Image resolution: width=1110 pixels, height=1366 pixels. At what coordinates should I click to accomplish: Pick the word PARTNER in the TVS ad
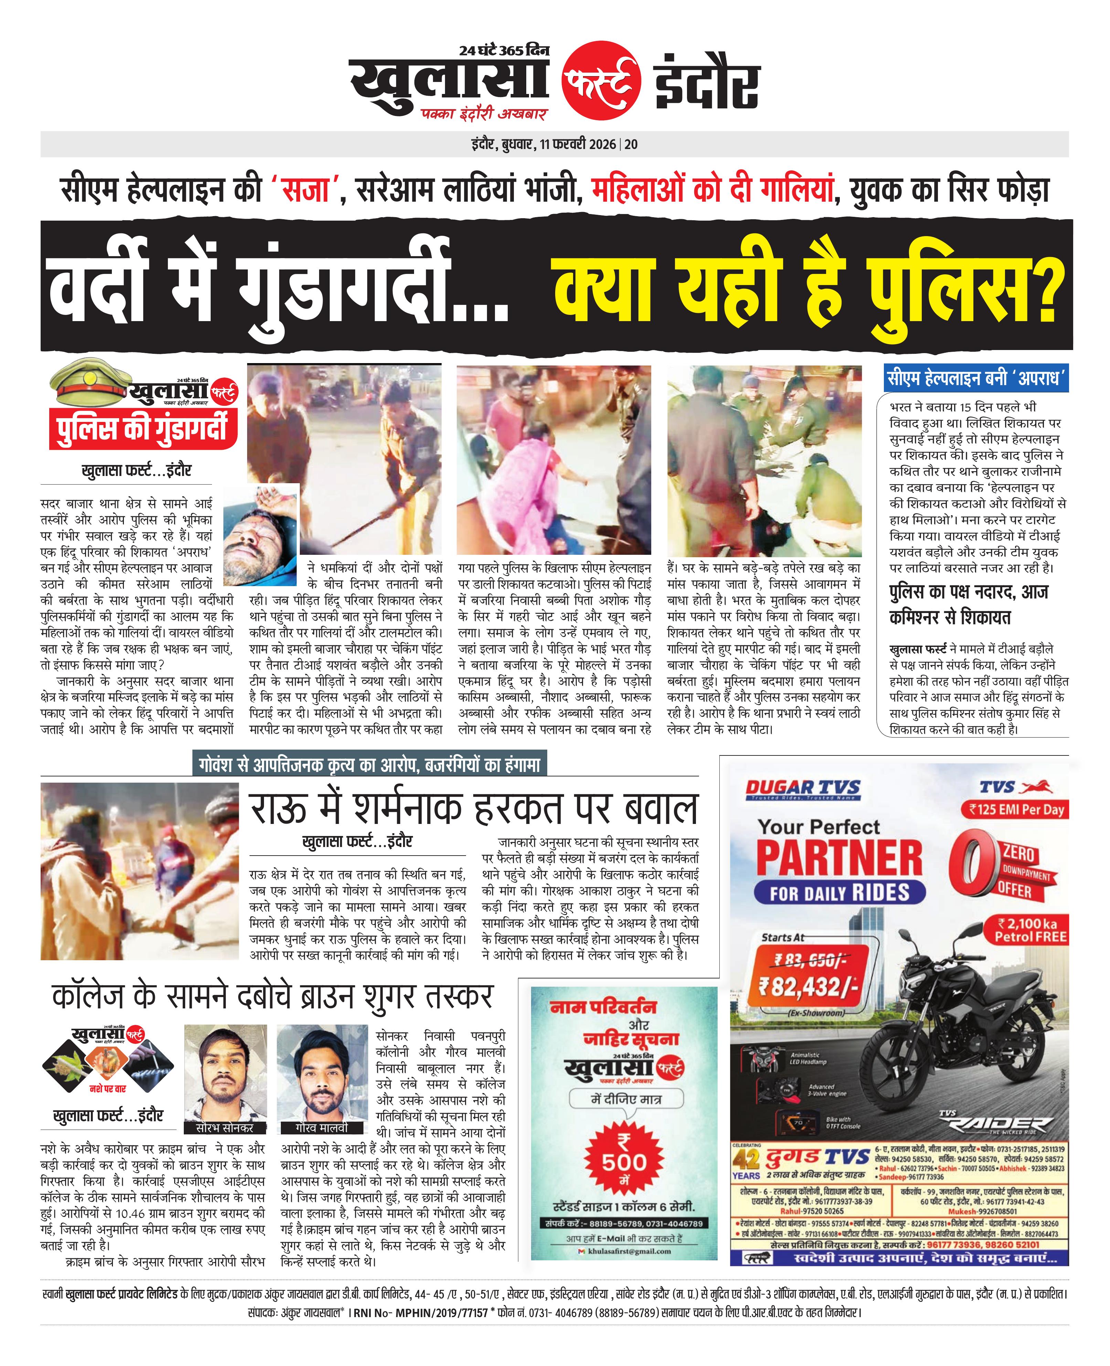pyautogui.click(x=839, y=857)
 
